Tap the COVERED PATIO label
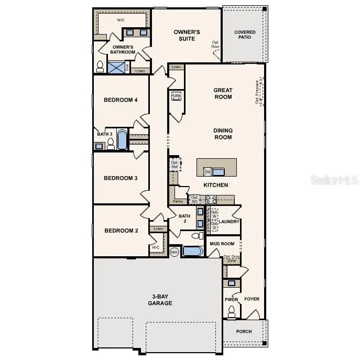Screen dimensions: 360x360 click(245, 35)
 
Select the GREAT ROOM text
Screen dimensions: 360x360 click(223, 93)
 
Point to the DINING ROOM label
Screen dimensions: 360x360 click(223, 134)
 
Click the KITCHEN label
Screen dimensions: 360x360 click(215, 185)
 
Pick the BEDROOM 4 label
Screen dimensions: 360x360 click(121, 100)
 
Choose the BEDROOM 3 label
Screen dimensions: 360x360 click(121, 178)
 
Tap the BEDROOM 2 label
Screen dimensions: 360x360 click(121, 231)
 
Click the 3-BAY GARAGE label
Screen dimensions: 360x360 click(160, 300)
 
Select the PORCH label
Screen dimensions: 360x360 click(244, 331)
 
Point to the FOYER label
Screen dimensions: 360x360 click(252, 299)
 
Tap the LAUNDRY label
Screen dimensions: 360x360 click(229, 222)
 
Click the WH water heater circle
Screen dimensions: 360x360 click(174, 252)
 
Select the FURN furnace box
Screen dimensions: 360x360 click(176, 96)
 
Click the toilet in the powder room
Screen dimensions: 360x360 click(231, 311)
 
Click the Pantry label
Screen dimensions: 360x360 click(178, 201)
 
